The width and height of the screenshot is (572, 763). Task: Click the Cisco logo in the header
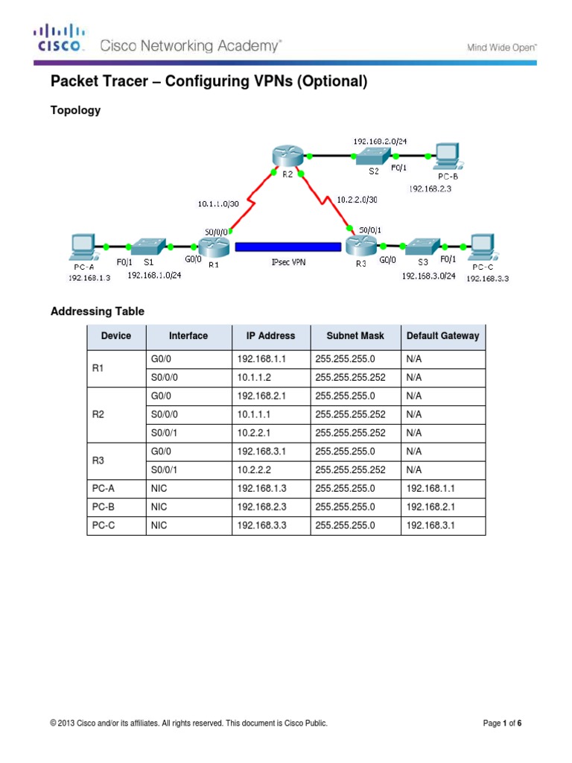(59, 38)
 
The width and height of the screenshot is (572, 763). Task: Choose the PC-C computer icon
(482, 246)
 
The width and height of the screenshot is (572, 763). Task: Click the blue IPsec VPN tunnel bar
(287, 247)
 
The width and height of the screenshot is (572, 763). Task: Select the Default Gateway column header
(443, 336)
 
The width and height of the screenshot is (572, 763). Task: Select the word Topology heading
(75, 110)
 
